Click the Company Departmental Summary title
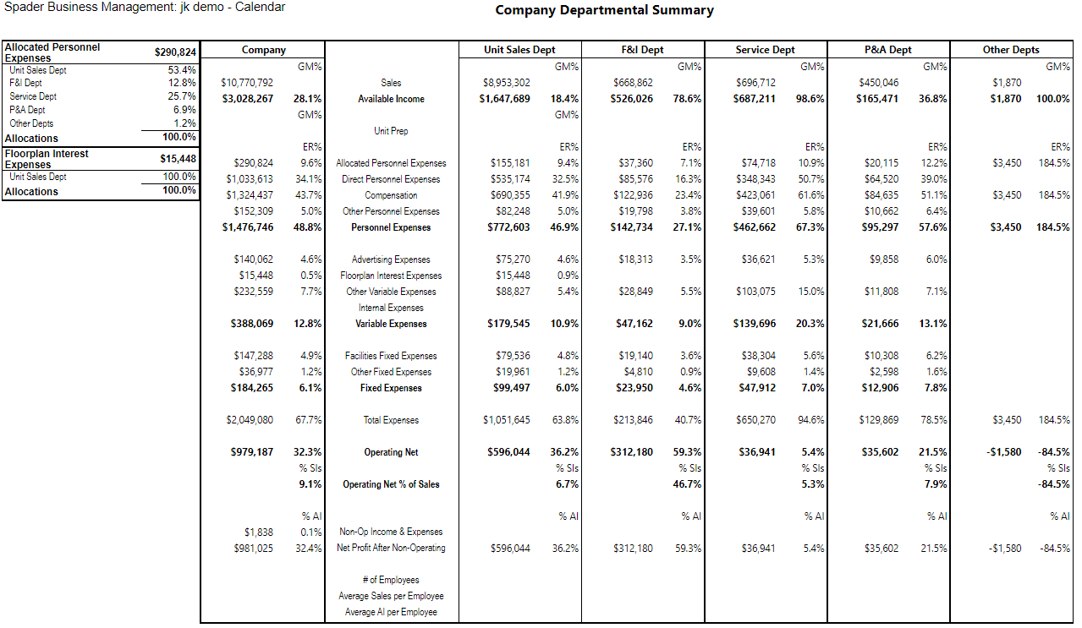click(604, 10)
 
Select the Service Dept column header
click(765, 50)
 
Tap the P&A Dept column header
click(887, 50)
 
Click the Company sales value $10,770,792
click(247, 83)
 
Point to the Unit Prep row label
click(391, 131)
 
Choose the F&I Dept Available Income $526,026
click(631, 99)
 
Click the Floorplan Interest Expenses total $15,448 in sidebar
click(179, 159)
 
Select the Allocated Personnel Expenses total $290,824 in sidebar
click(175, 52)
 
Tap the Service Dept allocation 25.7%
click(182, 96)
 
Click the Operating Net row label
click(391, 452)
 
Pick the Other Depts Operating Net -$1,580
click(1004, 452)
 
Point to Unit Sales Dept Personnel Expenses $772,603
click(508, 227)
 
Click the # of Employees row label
click(391, 580)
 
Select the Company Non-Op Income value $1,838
click(258, 532)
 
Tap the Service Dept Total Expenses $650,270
click(755, 420)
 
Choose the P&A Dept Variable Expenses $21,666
click(880, 324)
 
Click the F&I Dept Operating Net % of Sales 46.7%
click(687, 484)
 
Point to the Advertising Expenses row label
click(391, 259)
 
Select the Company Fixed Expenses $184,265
click(251, 388)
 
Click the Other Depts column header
click(1010, 50)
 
